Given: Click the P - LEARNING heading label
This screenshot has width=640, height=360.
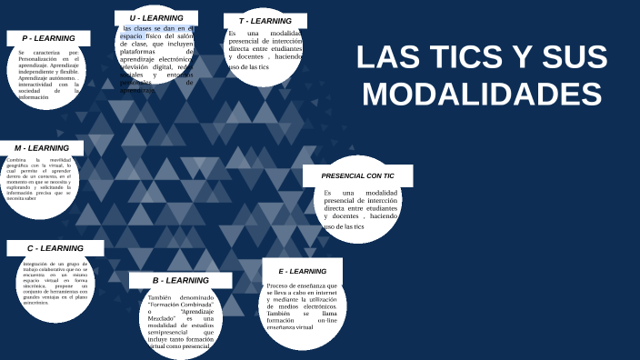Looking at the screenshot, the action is pyautogui.click(x=48, y=38).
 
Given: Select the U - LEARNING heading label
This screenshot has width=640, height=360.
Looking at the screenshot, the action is pyautogui.click(x=156, y=18).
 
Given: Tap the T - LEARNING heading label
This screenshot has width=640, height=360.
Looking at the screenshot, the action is pyautogui.click(x=265, y=21).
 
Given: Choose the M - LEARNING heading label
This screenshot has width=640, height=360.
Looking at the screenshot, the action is pyautogui.click(x=42, y=148).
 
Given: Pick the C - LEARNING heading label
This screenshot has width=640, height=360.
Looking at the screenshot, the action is pyautogui.click(x=55, y=248).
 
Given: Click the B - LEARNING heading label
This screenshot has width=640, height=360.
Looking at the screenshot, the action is pyautogui.click(x=180, y=281).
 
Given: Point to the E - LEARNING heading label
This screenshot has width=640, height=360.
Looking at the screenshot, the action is pyautogui.click(x=302, y=272).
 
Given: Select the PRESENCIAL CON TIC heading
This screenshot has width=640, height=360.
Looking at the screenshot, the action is pyautogui.click(x=357, y=175).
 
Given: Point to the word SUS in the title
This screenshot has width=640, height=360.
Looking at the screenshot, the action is pyautogui.click(x=572, y=57).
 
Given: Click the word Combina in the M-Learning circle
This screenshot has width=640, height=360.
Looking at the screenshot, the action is pyautogui.click(x=16, y=160).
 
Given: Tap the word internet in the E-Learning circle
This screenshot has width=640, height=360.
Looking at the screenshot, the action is pyautogui.click(x=325, y=293).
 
